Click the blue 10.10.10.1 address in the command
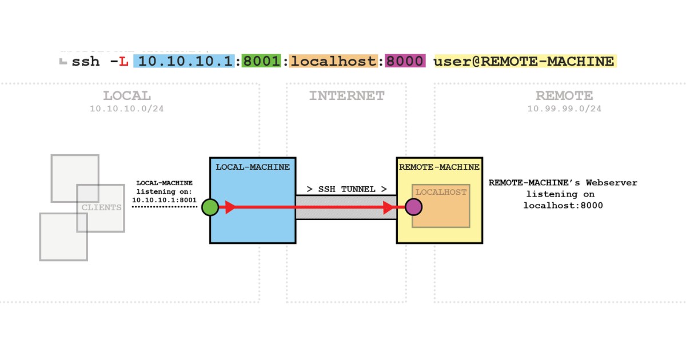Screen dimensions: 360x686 (x=184, y=61)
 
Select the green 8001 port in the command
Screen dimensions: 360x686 (x=261, y=61)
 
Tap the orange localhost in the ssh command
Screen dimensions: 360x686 (x=334, y=61)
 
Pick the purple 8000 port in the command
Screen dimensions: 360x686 (x=405, y=61)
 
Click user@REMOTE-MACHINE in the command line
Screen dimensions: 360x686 (x=524, y=61)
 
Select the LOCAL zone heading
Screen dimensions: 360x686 (x=127, y=96)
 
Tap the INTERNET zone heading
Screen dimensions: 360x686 (x=346, y=96)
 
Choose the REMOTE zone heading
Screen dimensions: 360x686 (x=564, y=96)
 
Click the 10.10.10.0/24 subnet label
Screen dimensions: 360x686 (x=127, y=109)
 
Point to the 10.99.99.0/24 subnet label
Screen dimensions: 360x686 (x=564, y=109)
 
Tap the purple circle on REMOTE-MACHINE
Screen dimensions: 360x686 (x=414, y=207)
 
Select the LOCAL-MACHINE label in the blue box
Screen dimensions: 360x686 (x=252, y=167)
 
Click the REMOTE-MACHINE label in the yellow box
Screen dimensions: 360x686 (x=439, y=167)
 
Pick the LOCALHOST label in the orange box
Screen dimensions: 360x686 (x=441, y=192)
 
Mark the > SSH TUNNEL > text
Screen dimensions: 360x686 (x=346, y=189)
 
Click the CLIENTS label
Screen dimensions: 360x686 (x=101, y=207)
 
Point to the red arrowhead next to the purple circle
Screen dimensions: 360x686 (x=392, y=207)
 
